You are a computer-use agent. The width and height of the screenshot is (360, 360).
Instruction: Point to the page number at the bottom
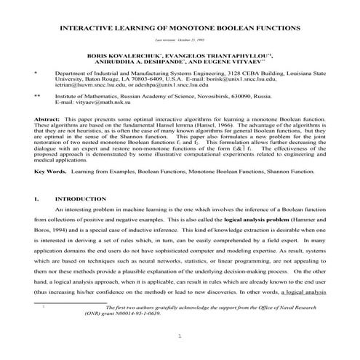coord(180,337)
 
